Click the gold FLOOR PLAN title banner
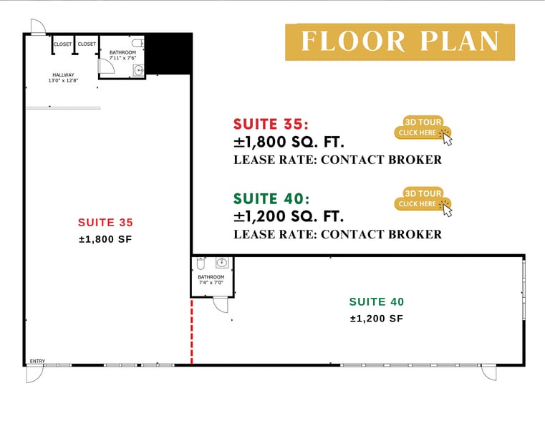[400, 42]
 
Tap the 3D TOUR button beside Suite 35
[423, 128]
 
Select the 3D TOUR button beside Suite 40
[423, 199]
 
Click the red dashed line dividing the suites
[191, 332]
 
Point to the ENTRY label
[37, 362]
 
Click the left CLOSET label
[62, 44]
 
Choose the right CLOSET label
[87, 44]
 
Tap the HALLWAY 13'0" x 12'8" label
[63, 77]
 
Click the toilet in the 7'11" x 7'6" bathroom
[138, 43]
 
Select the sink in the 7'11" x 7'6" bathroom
[138, 70]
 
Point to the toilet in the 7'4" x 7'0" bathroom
[201, 263]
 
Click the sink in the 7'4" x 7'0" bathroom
[222, 263]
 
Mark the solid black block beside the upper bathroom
[168, 54]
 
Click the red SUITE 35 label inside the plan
[105, 222]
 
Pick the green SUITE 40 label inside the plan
[377, 301]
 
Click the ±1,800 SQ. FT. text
[289, 142]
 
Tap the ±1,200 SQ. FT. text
[289, 216]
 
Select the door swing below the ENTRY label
[35, 374]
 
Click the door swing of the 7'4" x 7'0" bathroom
[221, 304]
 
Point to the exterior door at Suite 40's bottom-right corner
[489, 373]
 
